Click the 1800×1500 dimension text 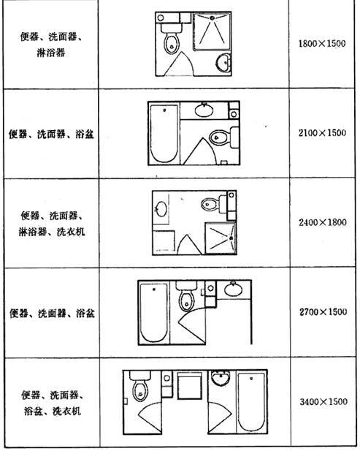[322, 44]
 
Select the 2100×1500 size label [322, 133]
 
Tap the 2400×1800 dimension [322, 222]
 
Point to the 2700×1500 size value [323, 312]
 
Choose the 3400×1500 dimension [323, 401]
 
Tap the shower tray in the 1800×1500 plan [212, 31]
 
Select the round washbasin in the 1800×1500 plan [223, 62]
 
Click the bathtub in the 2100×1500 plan [164, 134]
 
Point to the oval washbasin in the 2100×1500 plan [204, 110]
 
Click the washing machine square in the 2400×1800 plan [164, 242]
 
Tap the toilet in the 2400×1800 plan [214, 204]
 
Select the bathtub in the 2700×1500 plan [153, 313]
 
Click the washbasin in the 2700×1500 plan [233, 289]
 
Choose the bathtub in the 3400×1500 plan [251, 402]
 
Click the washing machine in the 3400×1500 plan [190, 385]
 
